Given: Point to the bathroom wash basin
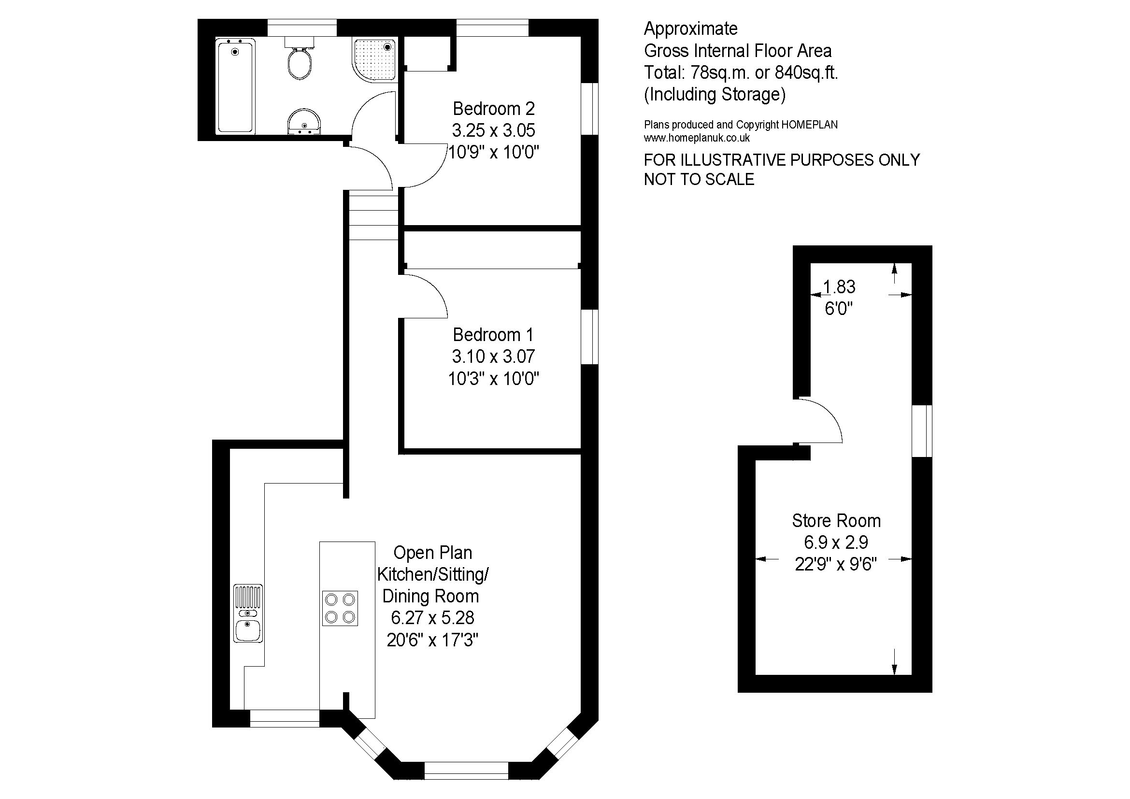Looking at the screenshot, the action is coord(304,121).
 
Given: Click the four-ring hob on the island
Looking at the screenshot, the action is coord(340,608).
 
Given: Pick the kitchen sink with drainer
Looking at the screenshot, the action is coord(248,613).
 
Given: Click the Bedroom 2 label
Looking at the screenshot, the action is coord(494,108).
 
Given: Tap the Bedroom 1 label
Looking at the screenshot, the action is coord(493,335).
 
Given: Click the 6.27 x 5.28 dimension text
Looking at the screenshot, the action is coord(432,617).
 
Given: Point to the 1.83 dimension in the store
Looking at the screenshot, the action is coord(839,286).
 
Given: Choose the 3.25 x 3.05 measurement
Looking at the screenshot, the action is coord(494,130).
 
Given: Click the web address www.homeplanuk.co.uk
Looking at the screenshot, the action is coord(697,138).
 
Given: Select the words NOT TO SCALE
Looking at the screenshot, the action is coord(699,180).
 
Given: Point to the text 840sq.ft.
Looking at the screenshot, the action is coord(807,73).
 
